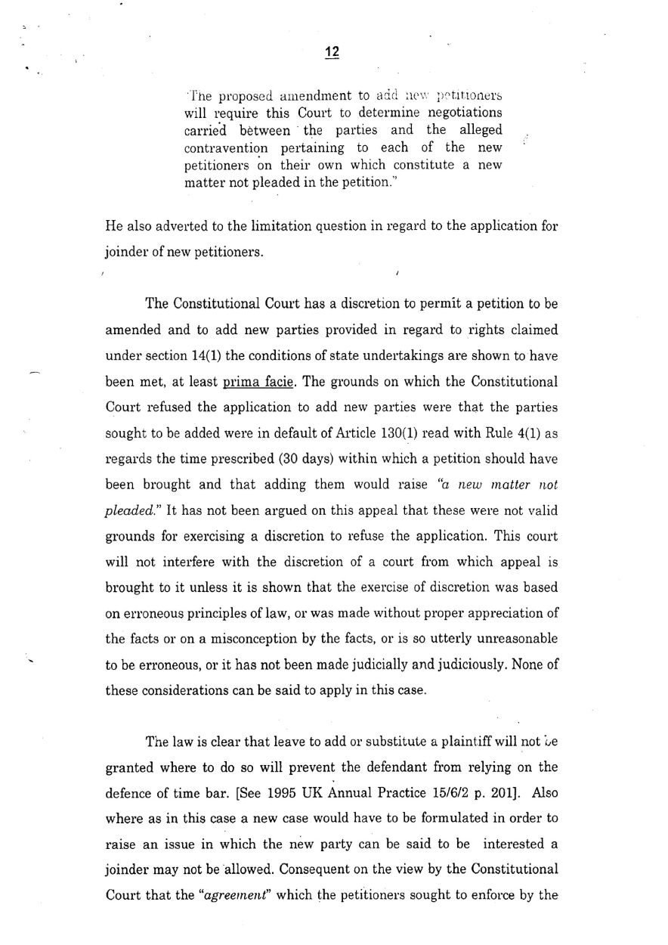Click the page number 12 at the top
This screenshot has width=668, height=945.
(332, 52)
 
